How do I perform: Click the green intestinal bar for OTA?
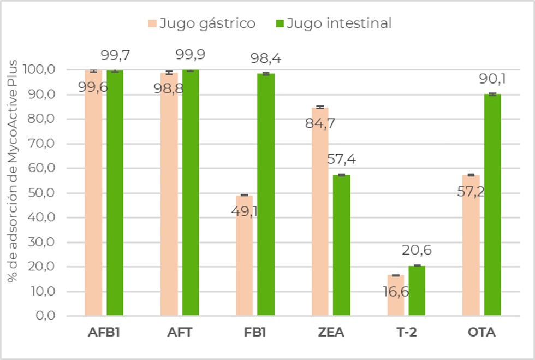click(492, 205)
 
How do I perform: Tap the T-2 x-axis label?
click(406, 332)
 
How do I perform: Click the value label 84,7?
click(319, 124)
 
